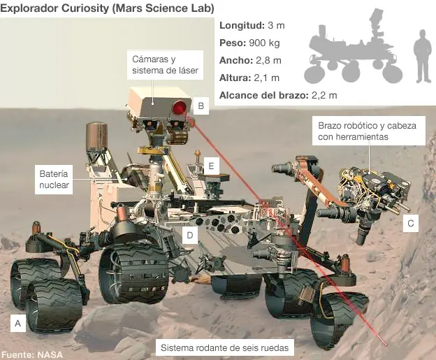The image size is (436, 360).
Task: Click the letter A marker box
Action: click(x=18, y=323)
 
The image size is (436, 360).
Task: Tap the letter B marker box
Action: click(x=201, y=106)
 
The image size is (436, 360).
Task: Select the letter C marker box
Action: click(x=411, y=223)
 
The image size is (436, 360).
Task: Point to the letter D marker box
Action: click(x=190, y=235)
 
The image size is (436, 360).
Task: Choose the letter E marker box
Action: click(x=211, y=166)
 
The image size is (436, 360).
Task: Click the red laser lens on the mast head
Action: click(x=180, y=108)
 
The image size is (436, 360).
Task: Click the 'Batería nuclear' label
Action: click(x=54, y=180)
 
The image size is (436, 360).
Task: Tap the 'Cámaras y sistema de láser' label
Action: click(x=165, y=65)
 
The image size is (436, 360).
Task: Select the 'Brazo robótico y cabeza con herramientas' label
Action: click(x=368, y=131)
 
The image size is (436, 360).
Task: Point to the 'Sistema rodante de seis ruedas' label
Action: click(x=225, y=347)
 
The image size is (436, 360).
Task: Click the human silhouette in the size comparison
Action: click(x=422, y=56)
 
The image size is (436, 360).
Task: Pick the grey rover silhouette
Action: click(x=353, y=46)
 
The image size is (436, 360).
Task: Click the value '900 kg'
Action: click(x=264, y=43)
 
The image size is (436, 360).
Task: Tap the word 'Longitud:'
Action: click(x=242, y=26)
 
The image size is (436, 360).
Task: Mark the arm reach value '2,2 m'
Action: click(x=324, y=96)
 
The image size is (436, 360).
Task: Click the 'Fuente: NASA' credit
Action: click(x=32, y=354)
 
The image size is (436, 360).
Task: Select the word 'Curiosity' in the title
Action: click(x=85, y=8)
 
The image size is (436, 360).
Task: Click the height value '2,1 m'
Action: click(x=266, y=78)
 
